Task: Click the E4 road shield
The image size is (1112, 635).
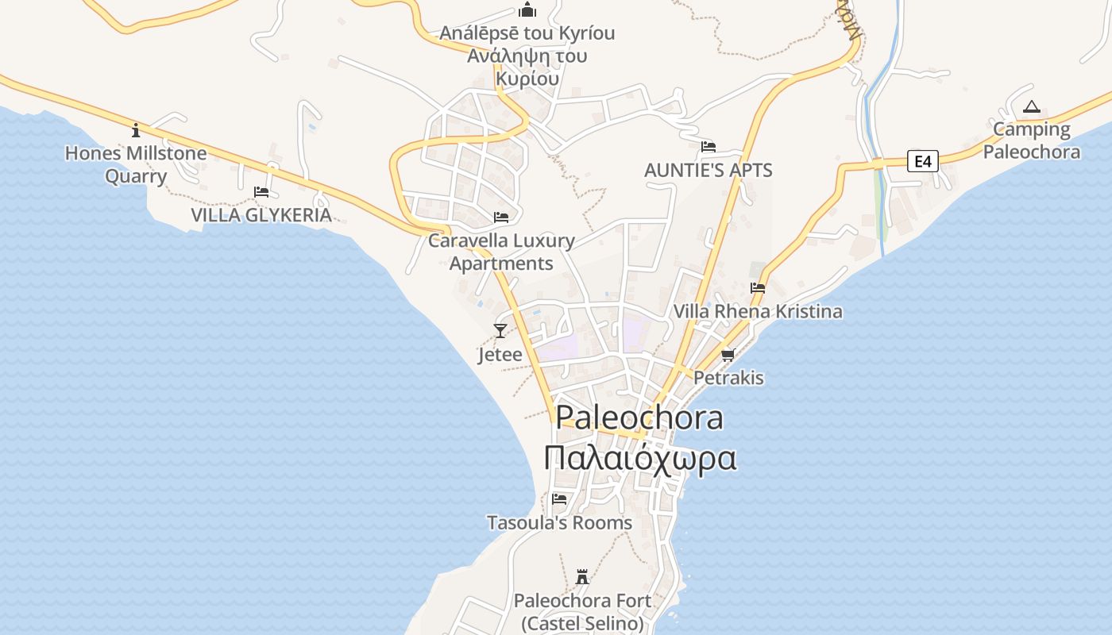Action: (x=922, y=162)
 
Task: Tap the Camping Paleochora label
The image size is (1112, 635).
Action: (x=1032, y=140)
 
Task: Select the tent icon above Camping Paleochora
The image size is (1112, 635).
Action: (x=1031, y=106)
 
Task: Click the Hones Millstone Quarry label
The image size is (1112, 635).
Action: (x=136, y=164)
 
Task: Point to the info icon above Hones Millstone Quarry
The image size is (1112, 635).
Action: (x=136, y=130)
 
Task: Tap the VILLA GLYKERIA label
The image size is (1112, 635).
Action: (x=261, y=215)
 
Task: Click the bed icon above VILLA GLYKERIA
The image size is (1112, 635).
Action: (x=261, y=192)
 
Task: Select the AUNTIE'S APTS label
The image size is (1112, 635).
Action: (x=708, y=171)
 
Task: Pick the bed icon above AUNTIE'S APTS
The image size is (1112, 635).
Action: (x=709, y=147)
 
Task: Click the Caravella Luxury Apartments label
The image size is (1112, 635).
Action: (x=501, y=252)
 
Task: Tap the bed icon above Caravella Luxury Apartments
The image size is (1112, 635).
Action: (x=501, y=217)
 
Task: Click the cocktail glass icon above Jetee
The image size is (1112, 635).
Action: (x=500, y=331)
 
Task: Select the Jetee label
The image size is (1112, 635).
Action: (x=500, y=354)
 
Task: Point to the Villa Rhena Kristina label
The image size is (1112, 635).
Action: (x=758, y=311)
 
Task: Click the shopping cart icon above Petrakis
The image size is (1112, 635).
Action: (x=728, y=355)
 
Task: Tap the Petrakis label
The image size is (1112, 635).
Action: (x=728, y=378)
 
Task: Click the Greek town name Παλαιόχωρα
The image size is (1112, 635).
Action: (x=640, y=459)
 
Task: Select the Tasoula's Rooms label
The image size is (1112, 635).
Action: (x=559, y=523)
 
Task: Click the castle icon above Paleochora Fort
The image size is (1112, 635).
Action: (x=582, y=576)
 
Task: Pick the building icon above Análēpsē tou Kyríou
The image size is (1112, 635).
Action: (x=527, y=10)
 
